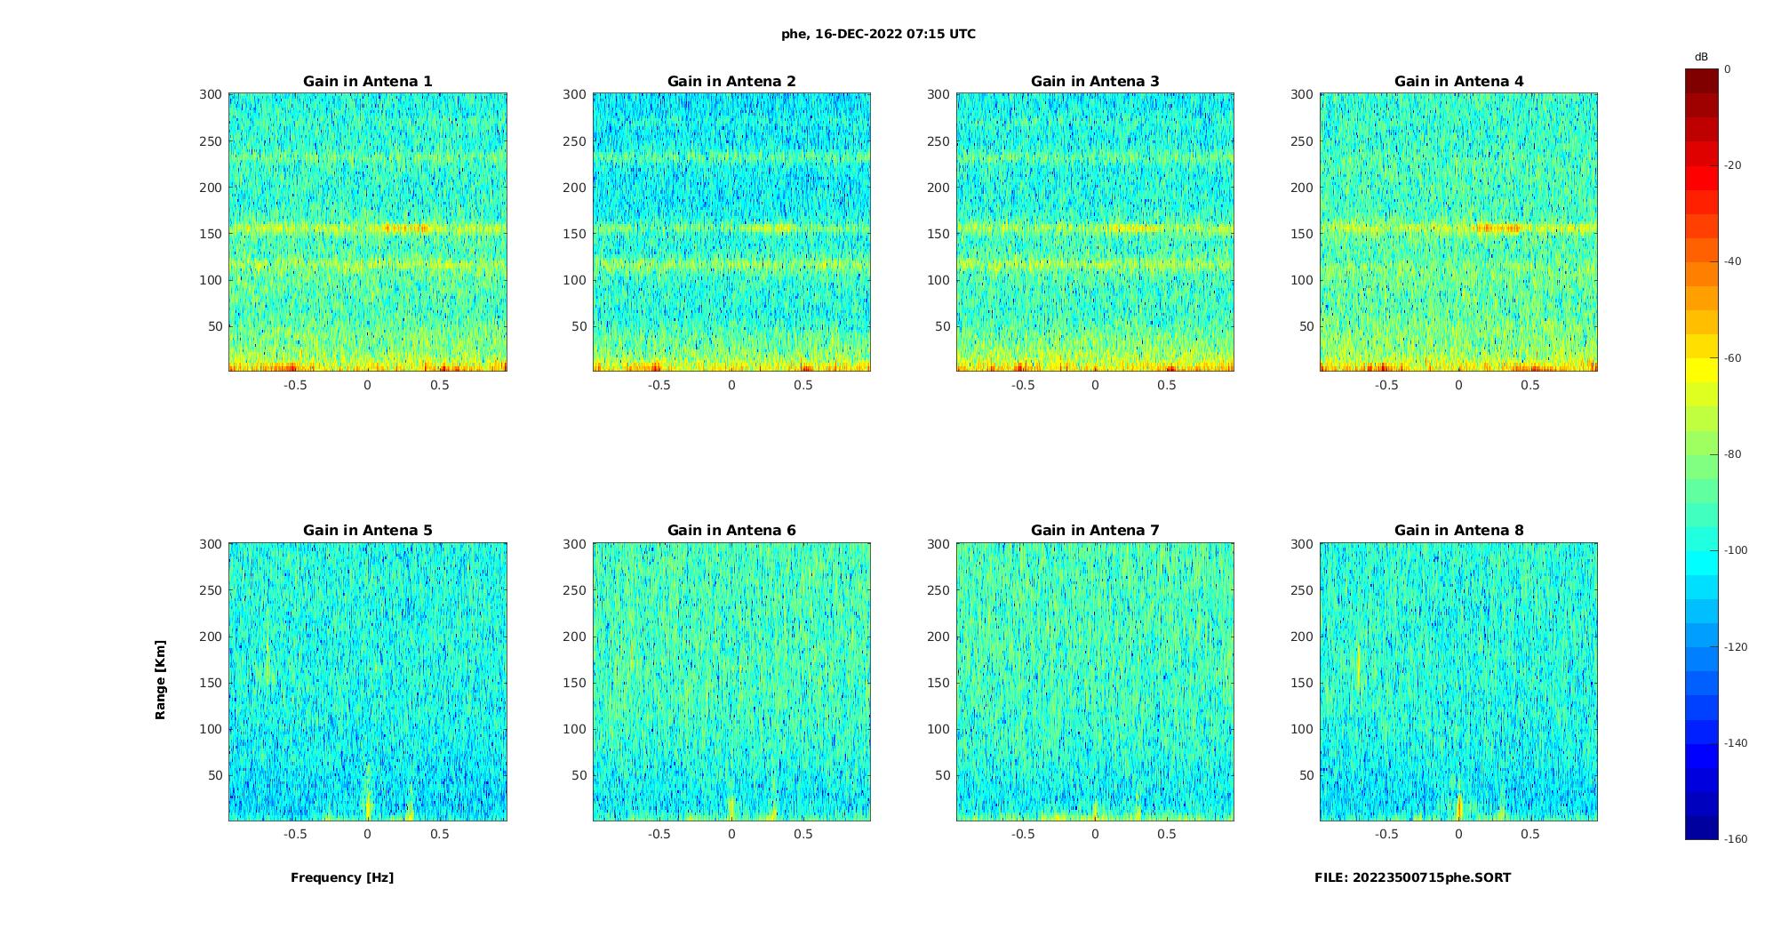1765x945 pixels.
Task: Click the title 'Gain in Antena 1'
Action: pos(367,82)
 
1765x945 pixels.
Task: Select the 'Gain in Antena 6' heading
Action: pos(731,531)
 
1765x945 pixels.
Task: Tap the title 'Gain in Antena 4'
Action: pos(1458,82)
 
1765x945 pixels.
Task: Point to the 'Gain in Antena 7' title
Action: pos(1095,531)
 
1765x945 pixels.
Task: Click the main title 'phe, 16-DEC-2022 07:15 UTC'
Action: pos(878,35)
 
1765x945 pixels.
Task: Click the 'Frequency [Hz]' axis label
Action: pos(342,877)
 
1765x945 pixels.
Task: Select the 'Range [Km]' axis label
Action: pos(160,680)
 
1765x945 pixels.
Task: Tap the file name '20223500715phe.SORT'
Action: pos(1431,877)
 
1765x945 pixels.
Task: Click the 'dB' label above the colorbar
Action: pos(1701,57)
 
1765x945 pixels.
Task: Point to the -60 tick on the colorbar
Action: pos(1733,358)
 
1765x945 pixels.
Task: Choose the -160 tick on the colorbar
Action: pos(1736,839)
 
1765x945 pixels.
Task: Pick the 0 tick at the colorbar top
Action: pos(1728,69)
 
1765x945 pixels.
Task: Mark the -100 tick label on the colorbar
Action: pos(1736,550)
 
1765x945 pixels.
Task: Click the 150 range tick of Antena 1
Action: pos(211,234)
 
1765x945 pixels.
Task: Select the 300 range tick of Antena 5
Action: pos(211,544)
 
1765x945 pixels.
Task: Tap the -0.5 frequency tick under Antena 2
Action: pos(659,385)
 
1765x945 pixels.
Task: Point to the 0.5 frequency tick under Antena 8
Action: pos(1530,834)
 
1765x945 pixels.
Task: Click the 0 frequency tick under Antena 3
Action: pos(1095,385)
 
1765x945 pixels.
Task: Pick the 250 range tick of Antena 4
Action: pos(1302,141)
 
